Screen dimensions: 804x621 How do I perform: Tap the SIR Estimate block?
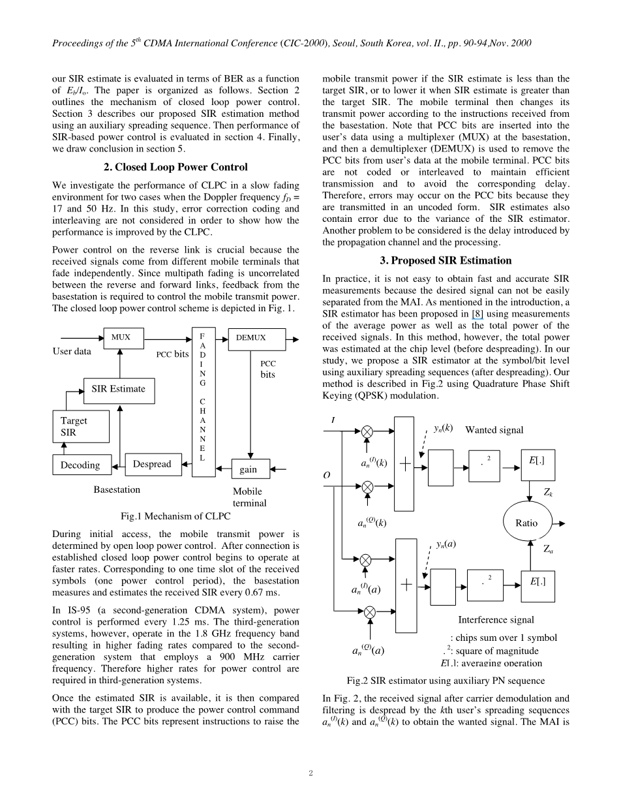(x=119, y=390)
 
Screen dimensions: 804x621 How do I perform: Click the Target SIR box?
(x=80, y=427)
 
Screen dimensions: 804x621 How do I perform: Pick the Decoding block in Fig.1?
(x=81, y=465)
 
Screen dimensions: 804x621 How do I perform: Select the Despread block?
(x=153, y=465)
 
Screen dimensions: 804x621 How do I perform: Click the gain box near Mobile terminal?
(x=250, y=469)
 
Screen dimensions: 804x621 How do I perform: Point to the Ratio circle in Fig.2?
(x=526, y=523)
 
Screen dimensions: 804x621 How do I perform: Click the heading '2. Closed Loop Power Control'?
(x=176, y=167)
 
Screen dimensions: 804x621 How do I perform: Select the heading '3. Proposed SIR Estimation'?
(x=446, y=260)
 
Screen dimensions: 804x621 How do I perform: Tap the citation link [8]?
(x=477, y=314)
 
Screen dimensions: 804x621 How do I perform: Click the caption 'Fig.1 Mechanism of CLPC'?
(x=176, y=516)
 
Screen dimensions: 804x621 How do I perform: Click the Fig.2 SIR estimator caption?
(x=446, y=681)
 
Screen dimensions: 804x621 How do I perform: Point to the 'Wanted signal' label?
(x=494, y=430)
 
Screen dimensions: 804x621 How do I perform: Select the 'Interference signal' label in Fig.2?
(x=496, y=620)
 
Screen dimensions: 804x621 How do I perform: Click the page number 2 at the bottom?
(x=311, y=774)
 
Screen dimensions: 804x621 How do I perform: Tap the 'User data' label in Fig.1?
(x=72, y=352)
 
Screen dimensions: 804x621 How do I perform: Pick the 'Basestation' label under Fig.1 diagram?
(x=117, y=489)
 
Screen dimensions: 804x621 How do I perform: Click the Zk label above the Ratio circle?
(x=549, y=493)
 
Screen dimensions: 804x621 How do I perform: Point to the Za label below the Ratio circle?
(x=549, y=550)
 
